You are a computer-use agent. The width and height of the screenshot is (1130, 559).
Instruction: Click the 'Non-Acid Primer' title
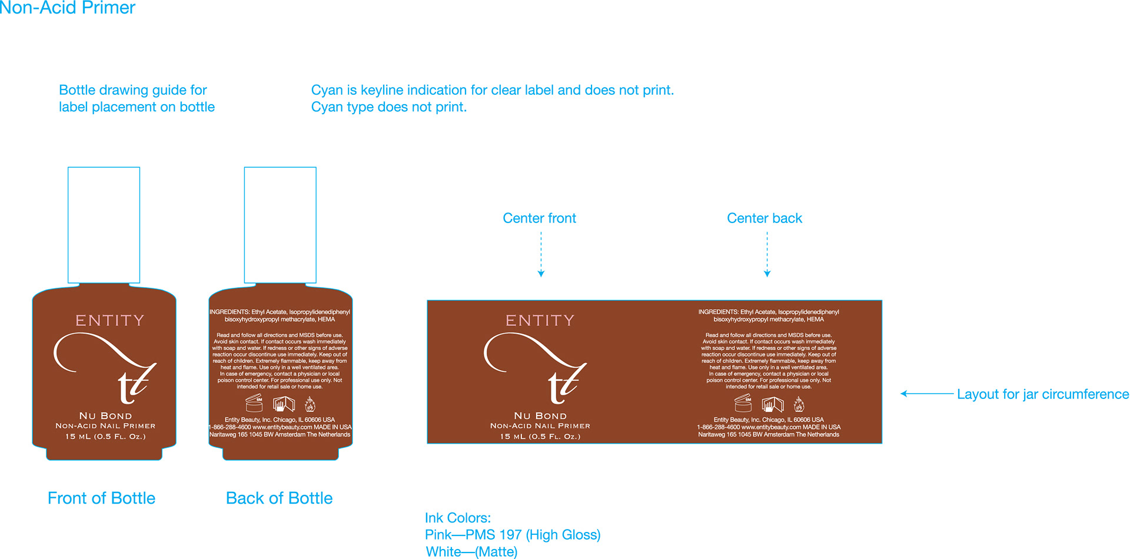click(x=68, y=8)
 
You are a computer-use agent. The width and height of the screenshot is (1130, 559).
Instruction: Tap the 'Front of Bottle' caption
click(x=101, y=498)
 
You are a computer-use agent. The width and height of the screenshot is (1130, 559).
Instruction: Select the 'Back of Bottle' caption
click(x=279, y=498)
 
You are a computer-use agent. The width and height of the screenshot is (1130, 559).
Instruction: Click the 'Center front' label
click(x=539, y=218)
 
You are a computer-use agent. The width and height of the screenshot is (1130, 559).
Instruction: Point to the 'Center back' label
click(x=764, y=218)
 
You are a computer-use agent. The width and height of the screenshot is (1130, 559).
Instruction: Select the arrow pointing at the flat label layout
click(x=926, y=394)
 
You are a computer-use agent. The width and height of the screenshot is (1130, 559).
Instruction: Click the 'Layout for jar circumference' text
click(x=1042, y=394)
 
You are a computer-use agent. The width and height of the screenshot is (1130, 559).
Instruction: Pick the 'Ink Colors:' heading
click(x=457, y=518)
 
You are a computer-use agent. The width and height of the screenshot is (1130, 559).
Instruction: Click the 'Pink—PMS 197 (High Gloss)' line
click(x=513, y=535)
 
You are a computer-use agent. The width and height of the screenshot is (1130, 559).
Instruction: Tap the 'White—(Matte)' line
click(x=471, y=552)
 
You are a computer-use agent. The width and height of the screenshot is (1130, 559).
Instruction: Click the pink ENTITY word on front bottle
click(x=109, y=321)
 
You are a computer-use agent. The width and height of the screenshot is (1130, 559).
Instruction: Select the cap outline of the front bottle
click(x=104, y=225)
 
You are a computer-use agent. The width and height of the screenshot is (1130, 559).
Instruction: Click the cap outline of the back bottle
click(x=280, y=225)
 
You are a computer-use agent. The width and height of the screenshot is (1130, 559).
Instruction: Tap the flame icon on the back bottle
click(x=310, y=404)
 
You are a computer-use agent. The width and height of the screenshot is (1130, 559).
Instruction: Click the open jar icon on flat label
click(x=743, y=404)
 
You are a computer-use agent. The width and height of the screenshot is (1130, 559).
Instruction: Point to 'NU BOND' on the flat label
click(x=540, y=416)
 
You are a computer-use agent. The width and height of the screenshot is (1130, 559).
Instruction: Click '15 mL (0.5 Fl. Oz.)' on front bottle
click(x=105, y=437)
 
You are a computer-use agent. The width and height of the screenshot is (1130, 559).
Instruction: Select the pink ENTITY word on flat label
click(x=540, y=321)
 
